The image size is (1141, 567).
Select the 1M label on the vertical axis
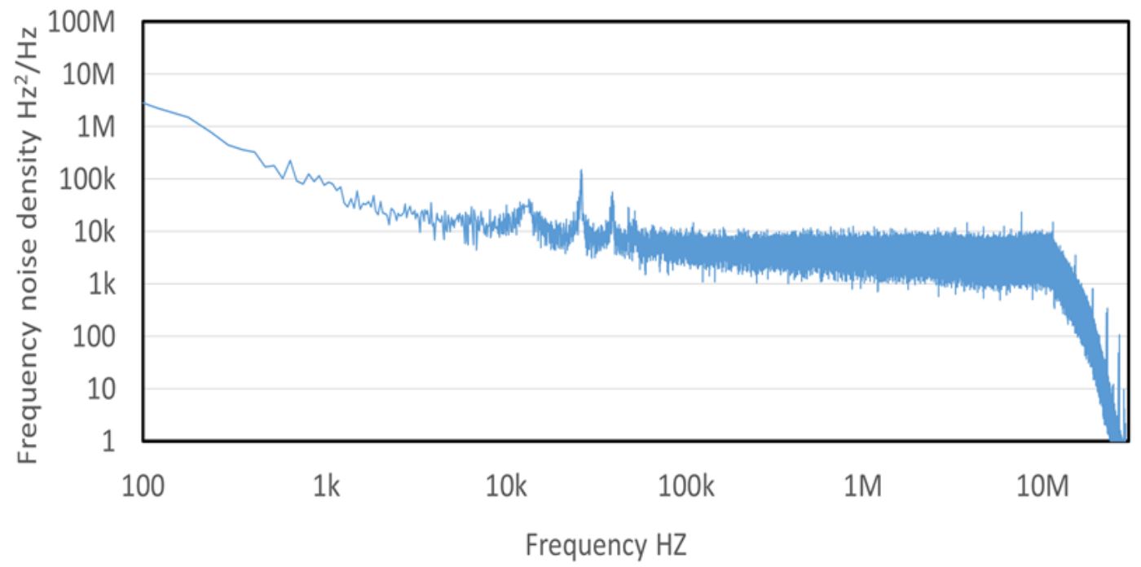(x=99, y=127)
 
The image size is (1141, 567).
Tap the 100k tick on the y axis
(x=91, y=179)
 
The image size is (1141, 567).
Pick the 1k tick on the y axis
(x=104, y=284)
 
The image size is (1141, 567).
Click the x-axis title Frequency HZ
(x=606, y=544)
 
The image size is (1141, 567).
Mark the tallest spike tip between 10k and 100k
(x=581, y=171)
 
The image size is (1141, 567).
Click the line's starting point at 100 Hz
(x=144, y=103)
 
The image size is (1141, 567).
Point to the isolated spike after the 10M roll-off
(x=1107, y=311)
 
